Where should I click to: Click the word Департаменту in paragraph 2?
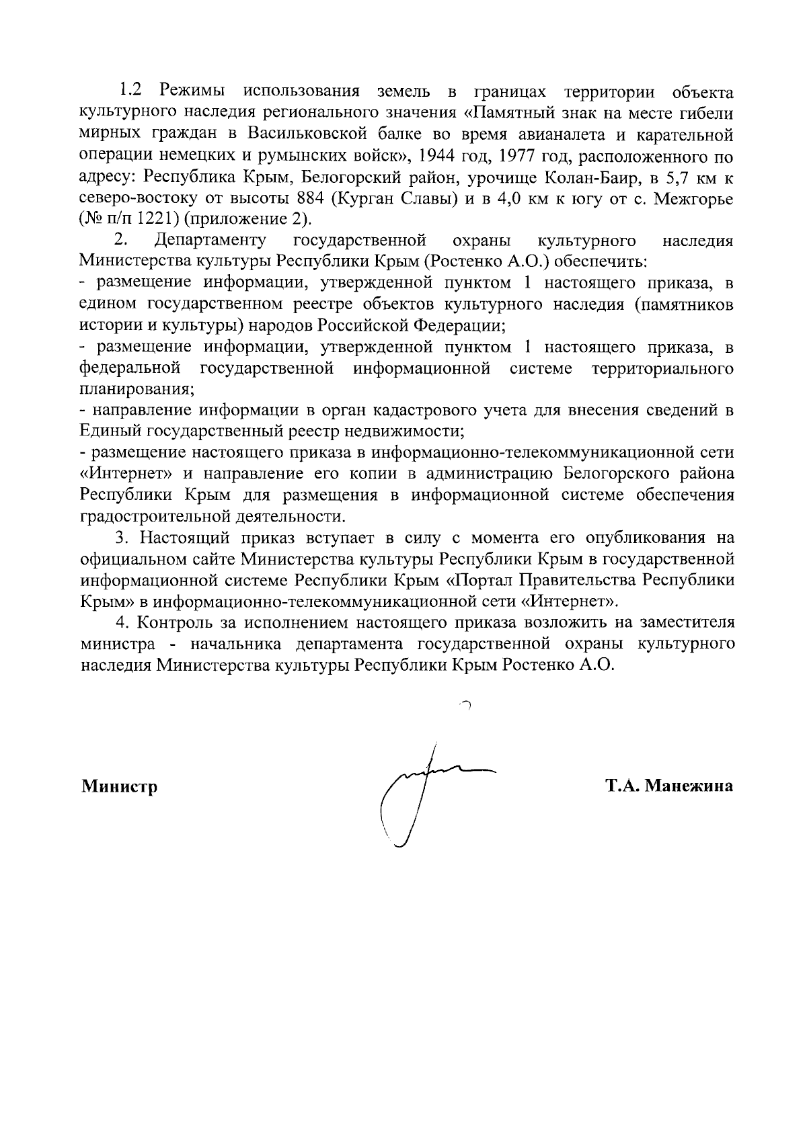[x=209, y=241]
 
